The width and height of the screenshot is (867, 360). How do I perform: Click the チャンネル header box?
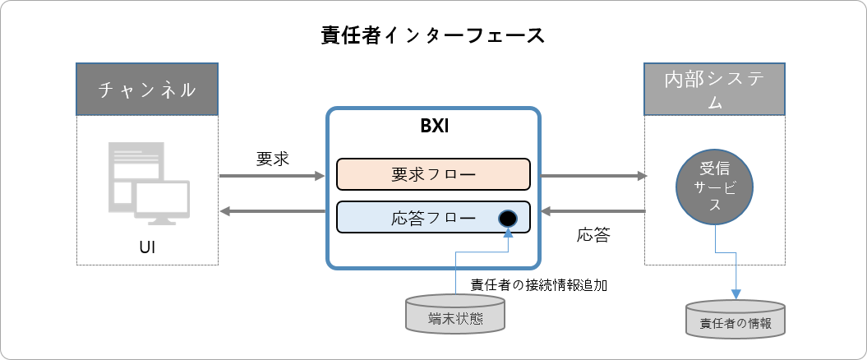(148, 89)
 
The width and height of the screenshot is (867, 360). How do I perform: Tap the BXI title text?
(433, 128)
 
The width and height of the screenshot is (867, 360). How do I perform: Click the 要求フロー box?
(433, 174)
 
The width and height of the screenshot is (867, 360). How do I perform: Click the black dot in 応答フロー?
(507, 219)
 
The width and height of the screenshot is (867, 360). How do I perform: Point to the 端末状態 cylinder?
(455, 315)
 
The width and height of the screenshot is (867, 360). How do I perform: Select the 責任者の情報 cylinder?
(736, 319)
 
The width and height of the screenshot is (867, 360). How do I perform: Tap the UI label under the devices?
(147, 247)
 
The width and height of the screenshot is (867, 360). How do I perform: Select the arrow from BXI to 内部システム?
(592, 175)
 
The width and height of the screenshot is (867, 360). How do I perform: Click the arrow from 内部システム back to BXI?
(592, 213)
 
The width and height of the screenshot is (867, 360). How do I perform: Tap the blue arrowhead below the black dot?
(507, 235)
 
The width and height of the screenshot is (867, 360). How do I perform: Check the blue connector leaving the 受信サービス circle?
(716, 242)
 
